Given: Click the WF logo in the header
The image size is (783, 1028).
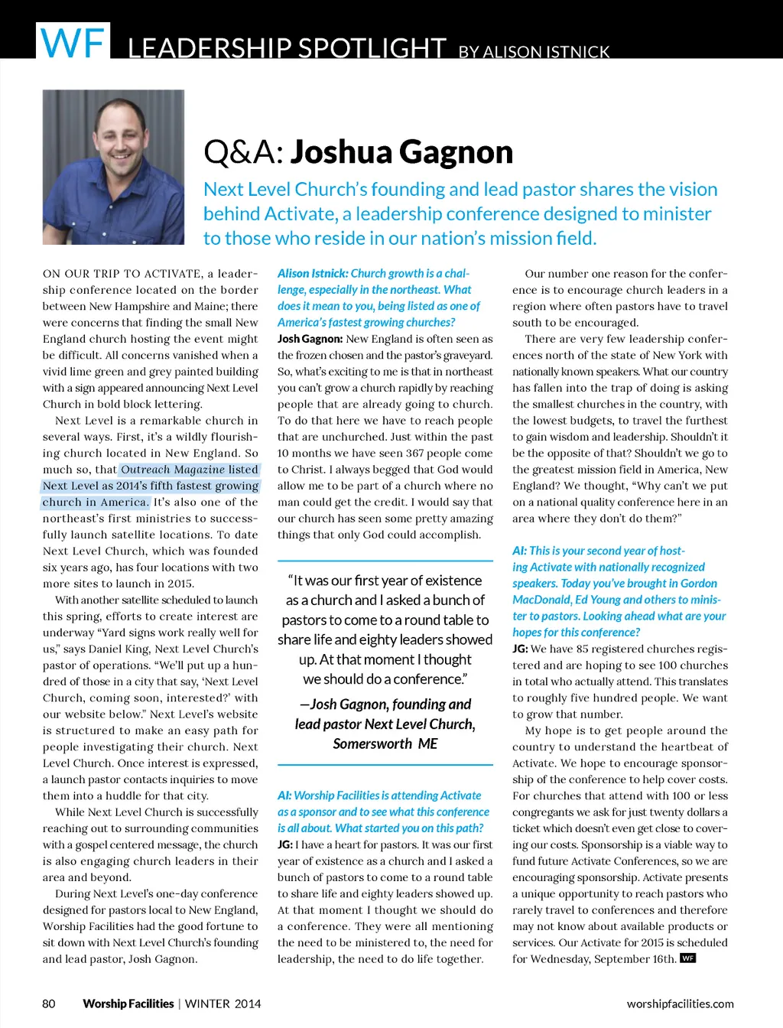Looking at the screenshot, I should (x=72, y=41).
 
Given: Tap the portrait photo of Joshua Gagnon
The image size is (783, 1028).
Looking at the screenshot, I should (x=113, y=167).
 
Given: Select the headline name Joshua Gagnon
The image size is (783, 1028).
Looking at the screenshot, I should (x=401, y=152).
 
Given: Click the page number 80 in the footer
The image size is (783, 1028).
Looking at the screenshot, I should (x=49, y=1004).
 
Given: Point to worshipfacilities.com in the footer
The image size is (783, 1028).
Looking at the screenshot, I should (x=680, y=1004).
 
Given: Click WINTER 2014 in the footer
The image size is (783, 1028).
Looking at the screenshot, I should (x=223, y=1004).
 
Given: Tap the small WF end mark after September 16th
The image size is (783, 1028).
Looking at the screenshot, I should (x=688, y=958).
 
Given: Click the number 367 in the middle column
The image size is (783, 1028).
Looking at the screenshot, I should (x=416, y=453).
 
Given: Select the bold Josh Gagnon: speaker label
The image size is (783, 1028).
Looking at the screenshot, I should (x=310, y=339).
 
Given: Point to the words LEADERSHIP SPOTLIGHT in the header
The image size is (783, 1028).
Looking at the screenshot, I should (x=287, y=48).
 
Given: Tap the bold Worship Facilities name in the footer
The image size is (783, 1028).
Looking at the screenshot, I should (x=128, y=1004).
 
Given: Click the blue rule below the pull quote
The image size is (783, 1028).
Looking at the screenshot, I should (x=385, y=764).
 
